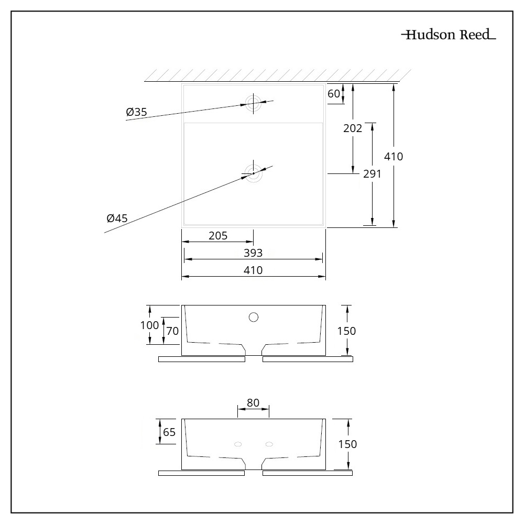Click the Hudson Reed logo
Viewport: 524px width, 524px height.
(448, 35)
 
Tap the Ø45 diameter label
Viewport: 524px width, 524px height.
(116, 218)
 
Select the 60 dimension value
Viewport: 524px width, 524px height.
(333, 94)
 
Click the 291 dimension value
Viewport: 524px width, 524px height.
(372, 174)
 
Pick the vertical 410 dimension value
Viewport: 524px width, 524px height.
(394, 156)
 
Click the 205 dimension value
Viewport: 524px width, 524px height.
(218, 236)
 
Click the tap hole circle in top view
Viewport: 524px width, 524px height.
(253, 102)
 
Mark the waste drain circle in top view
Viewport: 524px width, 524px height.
(253, 172)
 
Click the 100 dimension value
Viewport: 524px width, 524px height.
(149, 324)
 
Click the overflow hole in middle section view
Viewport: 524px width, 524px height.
(254, 316)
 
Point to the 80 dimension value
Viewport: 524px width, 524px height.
(253, 402)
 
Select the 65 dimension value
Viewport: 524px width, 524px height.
(169, 432)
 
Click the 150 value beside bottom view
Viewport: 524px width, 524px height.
(348, 444)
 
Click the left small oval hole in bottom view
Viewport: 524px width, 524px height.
(238, 444)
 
